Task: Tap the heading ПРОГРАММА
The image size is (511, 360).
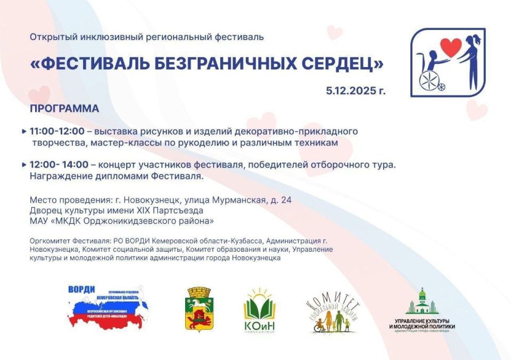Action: pyautogui.click(x=64, y=109)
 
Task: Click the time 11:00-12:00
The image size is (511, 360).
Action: pyautogui.click(x=57, y=131)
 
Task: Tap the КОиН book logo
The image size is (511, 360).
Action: pyautogui.click(x=259, y=312)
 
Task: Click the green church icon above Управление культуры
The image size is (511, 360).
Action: pyautogui.click(x=422, y=302)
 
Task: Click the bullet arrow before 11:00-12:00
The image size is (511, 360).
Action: pyautogui.click(x=24, y=131)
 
